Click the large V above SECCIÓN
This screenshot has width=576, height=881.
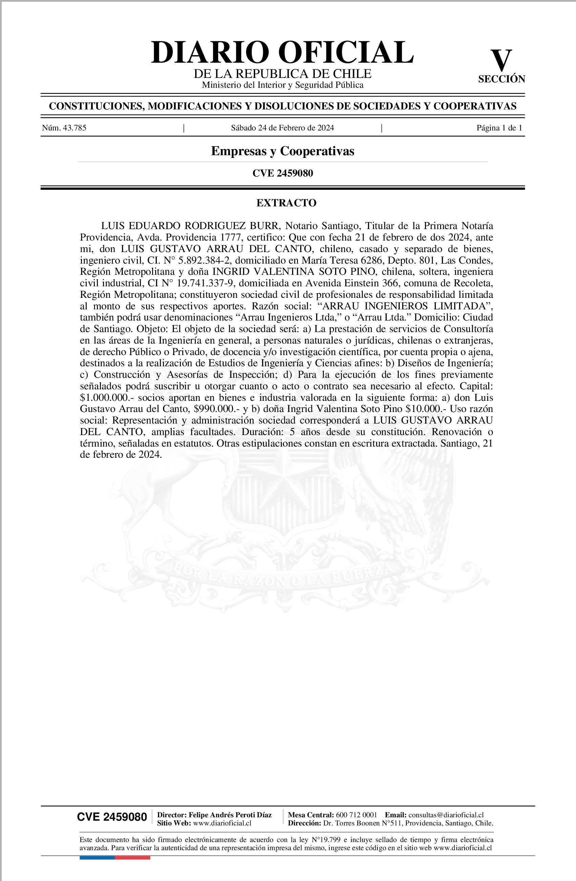point(501,61)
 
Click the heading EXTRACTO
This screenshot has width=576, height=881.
point(286,203)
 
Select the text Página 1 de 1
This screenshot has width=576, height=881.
point(499,128)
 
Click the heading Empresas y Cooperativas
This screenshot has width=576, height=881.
point(283,151)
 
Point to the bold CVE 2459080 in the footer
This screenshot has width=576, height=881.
point(112,817)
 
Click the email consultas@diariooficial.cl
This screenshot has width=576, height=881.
point(446,814)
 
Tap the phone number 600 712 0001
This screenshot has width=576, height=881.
point(356,814)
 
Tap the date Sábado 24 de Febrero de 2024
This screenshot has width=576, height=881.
point(283,128)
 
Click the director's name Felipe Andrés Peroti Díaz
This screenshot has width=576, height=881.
point(230,814)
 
